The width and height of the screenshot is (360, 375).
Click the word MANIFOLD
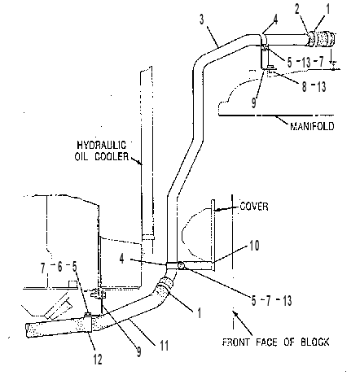[312, 126]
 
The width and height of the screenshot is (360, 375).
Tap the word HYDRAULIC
[102, 145]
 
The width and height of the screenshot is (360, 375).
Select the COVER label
[254, 207]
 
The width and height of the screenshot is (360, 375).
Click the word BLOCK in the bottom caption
[315, 342]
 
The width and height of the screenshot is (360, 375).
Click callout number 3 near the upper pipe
[201, 20]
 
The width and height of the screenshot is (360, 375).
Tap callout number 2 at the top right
[297, 9]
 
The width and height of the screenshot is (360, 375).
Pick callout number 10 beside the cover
[254, 246]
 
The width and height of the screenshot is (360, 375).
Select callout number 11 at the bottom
[164, 346]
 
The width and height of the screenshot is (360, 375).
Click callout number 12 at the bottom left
[98, 360]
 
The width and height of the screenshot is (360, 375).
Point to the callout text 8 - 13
[314, 87]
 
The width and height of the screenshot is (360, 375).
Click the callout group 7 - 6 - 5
[59, 268]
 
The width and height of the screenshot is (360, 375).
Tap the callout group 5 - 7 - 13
[271, 301]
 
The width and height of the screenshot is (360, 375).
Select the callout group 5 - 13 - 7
[306, 63]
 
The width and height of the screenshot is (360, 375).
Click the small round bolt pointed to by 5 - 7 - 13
[181, 265]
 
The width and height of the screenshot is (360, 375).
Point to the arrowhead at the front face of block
[236, 314]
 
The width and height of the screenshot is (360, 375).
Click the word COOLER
[112, 156]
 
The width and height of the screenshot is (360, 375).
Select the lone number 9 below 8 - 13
[253, 103]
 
